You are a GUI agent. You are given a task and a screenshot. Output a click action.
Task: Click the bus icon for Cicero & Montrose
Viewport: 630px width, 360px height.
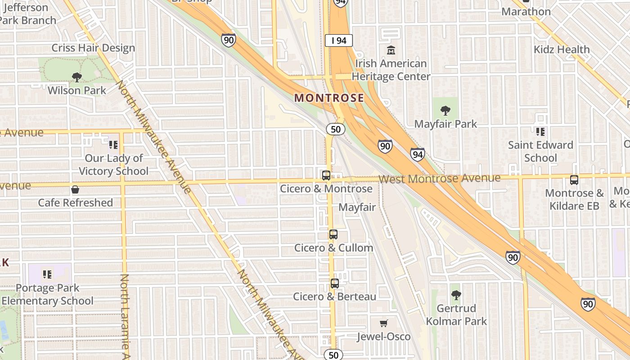tap(326, 175)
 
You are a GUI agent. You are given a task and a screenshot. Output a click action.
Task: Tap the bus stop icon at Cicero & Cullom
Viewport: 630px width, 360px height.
tap(333, 234)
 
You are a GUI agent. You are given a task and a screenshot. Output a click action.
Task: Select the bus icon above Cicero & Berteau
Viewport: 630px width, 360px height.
tap(334, 283)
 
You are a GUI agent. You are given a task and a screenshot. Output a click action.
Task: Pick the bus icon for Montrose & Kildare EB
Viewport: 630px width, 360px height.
tap(574, 180)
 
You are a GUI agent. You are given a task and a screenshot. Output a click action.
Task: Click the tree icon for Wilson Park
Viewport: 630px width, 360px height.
tap(77, 77)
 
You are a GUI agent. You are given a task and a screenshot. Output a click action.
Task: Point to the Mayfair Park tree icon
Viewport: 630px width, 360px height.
tap(445, 111)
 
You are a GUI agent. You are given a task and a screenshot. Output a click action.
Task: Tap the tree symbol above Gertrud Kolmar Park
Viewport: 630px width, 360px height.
tap(456, 295)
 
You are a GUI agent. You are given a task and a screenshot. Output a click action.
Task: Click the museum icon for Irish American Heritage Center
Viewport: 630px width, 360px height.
tap(391, 50)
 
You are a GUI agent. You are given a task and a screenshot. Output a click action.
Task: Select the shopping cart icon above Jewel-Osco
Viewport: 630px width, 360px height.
tap(383, 323)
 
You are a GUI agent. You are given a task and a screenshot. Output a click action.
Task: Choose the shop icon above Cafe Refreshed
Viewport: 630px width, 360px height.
tap(75, 189)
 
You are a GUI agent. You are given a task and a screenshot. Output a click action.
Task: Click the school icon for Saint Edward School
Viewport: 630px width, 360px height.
tap(540, 132)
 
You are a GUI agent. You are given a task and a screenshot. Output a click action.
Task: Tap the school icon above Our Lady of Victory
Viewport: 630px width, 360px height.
tap(113, 145)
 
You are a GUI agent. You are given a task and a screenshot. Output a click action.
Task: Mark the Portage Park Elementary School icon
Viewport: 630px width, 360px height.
tap(47, 274)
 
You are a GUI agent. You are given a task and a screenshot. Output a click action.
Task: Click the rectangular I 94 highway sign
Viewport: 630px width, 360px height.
tap(338, 40)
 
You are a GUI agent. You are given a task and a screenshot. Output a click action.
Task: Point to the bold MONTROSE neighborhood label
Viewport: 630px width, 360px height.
tap(329, 98)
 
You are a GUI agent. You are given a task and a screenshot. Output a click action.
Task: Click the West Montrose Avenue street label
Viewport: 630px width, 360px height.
tap(439, 178)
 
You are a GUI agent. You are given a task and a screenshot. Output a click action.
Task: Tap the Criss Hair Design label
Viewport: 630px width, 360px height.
tap(93, 48)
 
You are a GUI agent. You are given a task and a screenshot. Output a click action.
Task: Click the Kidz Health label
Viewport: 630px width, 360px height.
tap(562, 49)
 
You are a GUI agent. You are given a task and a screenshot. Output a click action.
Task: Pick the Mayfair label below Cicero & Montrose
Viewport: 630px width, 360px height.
tap(357, 207)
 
